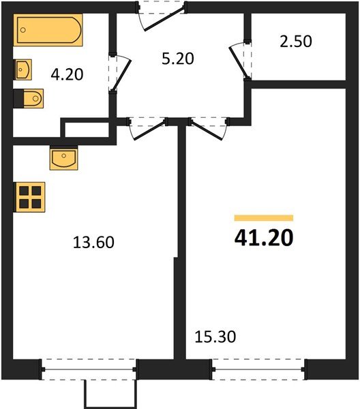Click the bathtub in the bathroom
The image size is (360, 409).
50,31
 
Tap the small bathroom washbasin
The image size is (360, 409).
24,69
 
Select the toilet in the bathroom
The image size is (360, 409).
31,100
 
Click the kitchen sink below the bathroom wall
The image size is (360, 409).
65,158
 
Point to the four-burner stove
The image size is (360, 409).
29,196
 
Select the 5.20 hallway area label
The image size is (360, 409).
178,59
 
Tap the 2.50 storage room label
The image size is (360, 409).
296,41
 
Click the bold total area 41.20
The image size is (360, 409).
263,238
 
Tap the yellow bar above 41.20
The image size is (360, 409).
263,218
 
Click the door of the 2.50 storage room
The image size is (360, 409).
240,60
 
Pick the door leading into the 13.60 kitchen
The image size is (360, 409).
147,128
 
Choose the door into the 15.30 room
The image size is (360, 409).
209,128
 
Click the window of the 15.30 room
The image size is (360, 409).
258,372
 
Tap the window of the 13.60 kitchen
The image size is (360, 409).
89,372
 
